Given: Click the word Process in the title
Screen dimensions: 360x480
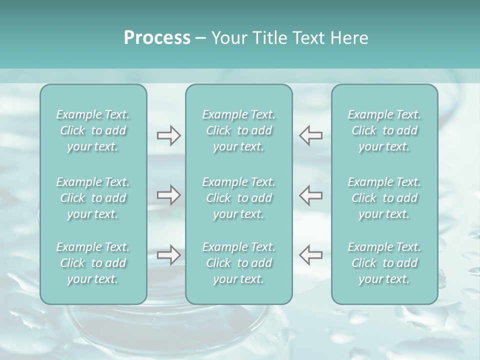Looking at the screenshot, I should [157, 38].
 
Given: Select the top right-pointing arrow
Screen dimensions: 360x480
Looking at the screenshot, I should [169, 135].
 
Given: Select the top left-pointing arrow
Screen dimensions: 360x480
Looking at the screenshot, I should [310, 135].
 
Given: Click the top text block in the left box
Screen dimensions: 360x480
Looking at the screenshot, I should [93, 130].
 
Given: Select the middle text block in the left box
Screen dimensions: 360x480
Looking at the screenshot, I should [93, 198].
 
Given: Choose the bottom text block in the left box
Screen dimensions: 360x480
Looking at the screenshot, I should [93, 263].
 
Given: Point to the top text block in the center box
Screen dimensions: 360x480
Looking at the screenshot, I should [239, 130].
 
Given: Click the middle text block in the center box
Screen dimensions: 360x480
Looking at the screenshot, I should [239, 198].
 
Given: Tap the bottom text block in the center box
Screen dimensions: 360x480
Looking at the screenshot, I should [239, 263].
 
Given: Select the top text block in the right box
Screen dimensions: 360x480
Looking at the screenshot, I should [384, 130].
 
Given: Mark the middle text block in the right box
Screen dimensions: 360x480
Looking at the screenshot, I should [384, 198].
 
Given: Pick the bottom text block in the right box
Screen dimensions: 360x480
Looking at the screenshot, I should [384, 263].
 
